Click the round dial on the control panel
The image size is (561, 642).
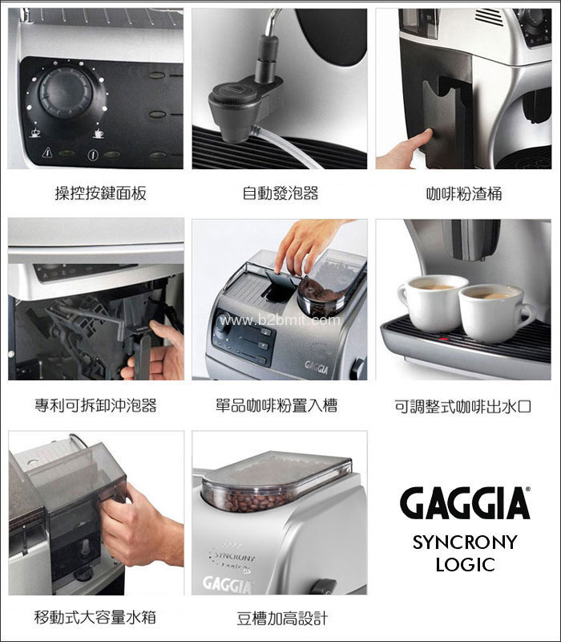click(x=66, y=92)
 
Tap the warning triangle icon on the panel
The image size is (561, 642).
click(x=47, y=152)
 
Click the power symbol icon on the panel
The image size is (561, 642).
click(x=93, y=155)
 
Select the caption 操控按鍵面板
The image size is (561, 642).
click(x=101, y=193)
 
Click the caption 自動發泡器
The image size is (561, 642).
click(x=280, y=193)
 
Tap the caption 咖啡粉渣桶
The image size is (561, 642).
click(x=464, y=193)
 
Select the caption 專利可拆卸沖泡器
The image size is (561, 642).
click(x=95, y=405)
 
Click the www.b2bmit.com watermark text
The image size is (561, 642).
click(x=279, y=319)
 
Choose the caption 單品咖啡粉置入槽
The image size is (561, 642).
click(x=276, y=405)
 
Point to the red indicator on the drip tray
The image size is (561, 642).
click(x=444, y=339)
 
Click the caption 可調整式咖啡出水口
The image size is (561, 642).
click(x=463, y=406)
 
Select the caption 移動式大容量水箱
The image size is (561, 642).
click(x=95, y=617)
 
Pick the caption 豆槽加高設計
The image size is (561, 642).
click(x=282, y=618)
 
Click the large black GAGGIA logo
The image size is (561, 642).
click(x=465, y=503)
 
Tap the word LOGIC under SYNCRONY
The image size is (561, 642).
click(x=466, y=565)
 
